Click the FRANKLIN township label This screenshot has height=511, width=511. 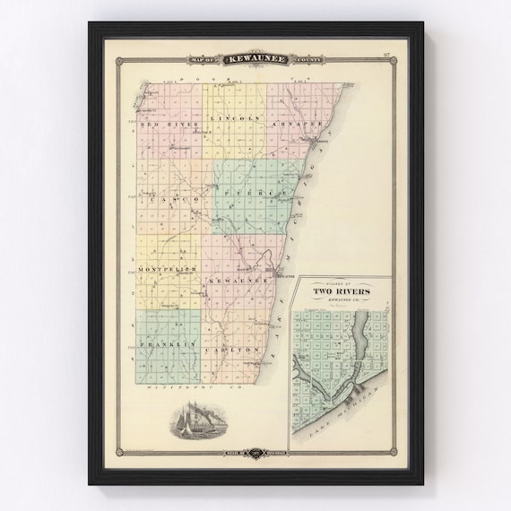coord(167,343)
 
